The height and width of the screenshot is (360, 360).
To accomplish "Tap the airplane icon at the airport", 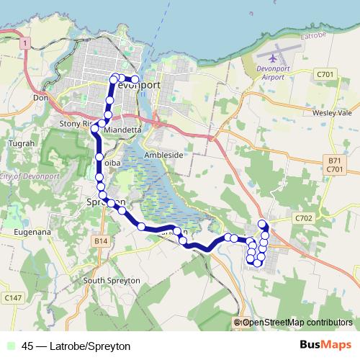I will pos(273,57).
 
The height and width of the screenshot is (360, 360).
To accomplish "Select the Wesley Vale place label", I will pos(331,113).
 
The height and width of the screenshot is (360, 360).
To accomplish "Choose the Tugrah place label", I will pos(21,144).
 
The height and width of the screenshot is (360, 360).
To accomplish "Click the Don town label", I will pos(40,98).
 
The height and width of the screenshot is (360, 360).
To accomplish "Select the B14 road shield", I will pos(100,241).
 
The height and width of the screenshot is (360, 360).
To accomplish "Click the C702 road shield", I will pos(304,217).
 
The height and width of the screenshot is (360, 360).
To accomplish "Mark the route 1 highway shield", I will pos(25,45).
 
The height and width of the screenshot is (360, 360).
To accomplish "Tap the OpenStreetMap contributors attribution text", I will pos(297,323).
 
